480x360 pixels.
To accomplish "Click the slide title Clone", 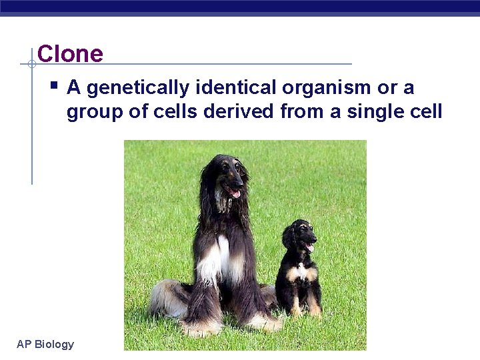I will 70,53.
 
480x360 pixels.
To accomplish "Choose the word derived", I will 239,111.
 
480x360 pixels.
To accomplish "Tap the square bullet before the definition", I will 54,86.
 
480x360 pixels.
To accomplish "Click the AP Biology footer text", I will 45,344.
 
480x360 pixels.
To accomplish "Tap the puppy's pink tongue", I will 308,248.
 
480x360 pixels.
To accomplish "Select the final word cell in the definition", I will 425,111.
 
